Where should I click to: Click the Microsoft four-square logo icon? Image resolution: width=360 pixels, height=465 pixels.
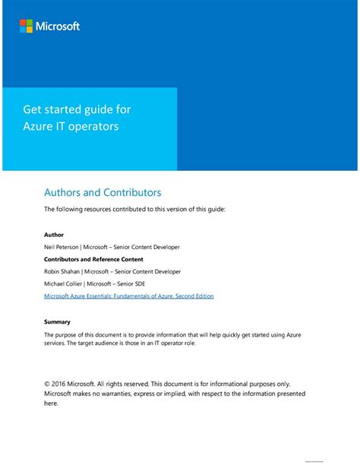click(26, 27)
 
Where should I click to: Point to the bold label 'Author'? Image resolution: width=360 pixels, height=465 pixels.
click(54, 235)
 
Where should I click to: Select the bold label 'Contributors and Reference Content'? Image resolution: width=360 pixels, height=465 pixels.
click(94, 259)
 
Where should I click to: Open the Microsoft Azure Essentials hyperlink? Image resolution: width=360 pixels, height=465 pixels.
click(128, 296)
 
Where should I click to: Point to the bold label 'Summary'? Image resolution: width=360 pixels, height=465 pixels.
click(57, 321)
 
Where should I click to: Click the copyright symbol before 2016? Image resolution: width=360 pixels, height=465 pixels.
click(47, 384)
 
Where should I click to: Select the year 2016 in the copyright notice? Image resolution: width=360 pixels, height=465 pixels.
click(61, 384)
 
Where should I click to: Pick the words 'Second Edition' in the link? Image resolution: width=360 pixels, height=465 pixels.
click(192, 296)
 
